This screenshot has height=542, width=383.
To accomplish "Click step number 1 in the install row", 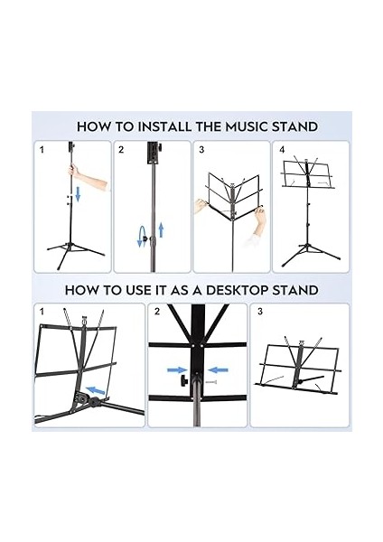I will pyautogui.click(x=41, y=150).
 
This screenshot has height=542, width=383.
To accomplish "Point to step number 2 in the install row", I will pyautogui.click(x=121, y=150).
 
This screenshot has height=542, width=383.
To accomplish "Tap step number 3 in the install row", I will pyautogui.click(x=201, y=150).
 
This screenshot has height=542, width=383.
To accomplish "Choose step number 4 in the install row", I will pyautogui.click(x=282, y=150).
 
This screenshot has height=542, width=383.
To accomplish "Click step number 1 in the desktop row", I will pyautogui.click(x=41, y=313).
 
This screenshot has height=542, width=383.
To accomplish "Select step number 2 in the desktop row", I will pyautogui.click(x=157, y=313).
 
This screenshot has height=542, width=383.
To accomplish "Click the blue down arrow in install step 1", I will pyautogui.click(x=78, y=194).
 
